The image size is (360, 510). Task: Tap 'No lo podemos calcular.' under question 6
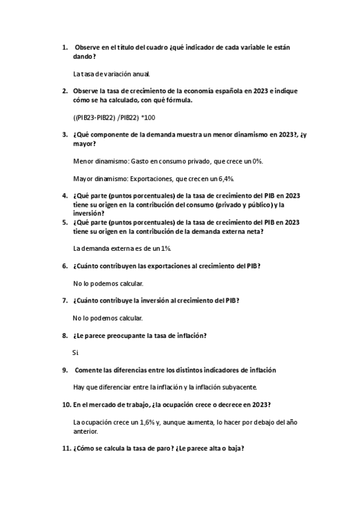pyautogui.click(x=108, y=283)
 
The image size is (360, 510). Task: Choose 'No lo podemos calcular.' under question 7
pyautogui.click(x=108, y=318)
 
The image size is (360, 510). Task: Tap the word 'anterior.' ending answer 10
pyautogui.click(x=85, y=431)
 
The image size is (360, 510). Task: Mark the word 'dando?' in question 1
pyautogui.click(x=84, y=57)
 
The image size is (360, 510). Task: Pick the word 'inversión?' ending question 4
pyautogui.click(x=88, y=213)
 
